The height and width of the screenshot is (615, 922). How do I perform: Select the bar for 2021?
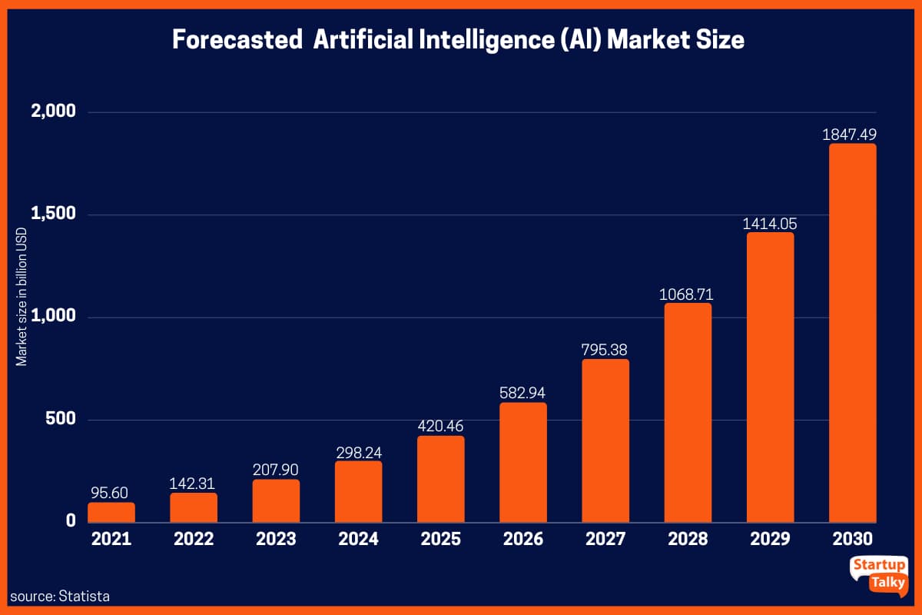(111, 512)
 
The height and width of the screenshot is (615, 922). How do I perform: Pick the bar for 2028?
(688, 412)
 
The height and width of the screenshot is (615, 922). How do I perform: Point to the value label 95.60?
(111, 492)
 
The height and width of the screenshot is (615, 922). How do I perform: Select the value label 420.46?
(440, 426)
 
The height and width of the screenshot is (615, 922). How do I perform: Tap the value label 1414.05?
(770, 224)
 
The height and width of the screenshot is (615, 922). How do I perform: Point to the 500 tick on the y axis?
(60, 419)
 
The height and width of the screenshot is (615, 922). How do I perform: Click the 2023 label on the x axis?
(276, 539)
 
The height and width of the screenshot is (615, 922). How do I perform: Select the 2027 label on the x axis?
(605, 539)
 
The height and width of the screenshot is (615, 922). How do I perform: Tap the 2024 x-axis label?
(358, 539)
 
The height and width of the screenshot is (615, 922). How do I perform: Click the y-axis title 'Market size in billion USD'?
(22, 296)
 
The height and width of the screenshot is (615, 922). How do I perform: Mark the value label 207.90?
(276, 469)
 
